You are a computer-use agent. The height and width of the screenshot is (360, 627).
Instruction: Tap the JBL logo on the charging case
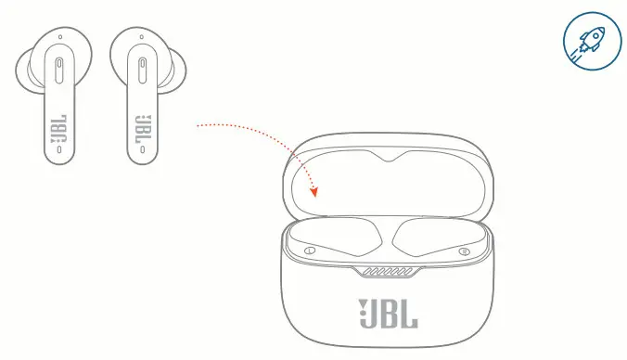[388, 314]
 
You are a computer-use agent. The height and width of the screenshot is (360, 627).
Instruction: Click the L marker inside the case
[309, 251]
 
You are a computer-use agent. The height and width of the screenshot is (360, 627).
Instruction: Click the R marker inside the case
[464, 251]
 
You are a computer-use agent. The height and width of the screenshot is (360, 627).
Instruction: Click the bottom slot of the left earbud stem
[59, 149]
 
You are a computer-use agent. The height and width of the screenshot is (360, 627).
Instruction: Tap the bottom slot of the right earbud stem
[142, 149]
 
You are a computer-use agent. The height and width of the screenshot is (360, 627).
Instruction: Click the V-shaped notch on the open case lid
[386, 159]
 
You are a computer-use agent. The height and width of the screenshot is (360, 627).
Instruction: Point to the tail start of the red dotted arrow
[197, 123]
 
